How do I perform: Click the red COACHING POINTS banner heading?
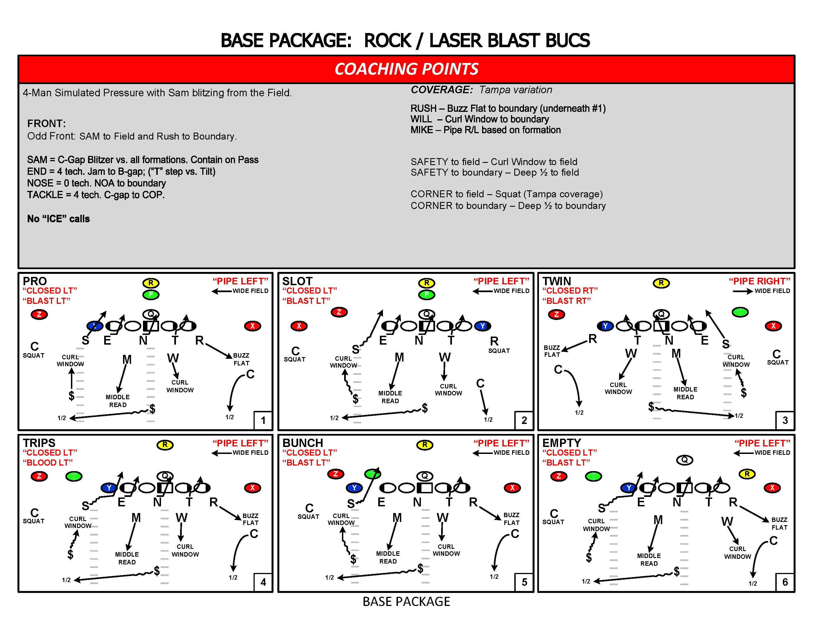coord(406,69)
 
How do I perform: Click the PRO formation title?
coord(35,281)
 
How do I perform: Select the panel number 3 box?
coord(785,420)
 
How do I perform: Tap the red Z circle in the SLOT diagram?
coord(339,312)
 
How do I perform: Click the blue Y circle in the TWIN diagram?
coord(605,326)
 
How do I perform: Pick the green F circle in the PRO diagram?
coord(151,295)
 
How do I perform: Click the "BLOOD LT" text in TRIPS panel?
coord(48,463)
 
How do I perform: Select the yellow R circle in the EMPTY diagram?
coord(747,474)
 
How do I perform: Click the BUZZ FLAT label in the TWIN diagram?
coord(552,351)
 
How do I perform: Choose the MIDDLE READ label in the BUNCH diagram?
coord(388,557)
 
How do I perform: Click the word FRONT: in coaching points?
coord(47,123)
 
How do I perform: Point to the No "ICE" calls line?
coord(58,219)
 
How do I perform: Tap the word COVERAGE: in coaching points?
coord(441,90)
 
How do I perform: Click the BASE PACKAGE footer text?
coord(406,602)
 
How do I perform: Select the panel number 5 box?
coord(524,582)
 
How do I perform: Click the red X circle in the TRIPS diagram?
coord(252,488)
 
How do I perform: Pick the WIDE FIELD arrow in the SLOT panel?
coord(482,291)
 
